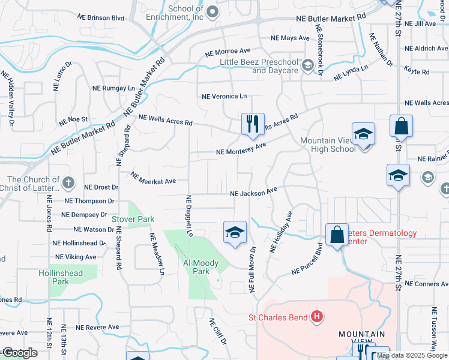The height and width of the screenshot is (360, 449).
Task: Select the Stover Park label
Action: (x=133, y=220)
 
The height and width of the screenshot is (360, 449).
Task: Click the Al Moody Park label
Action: (x=197, y=267)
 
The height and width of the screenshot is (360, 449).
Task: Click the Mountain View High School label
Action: (x=328, y=145)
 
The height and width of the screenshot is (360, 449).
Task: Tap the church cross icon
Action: (x=69, y=182)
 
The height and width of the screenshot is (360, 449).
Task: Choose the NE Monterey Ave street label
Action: (x=241, y=149)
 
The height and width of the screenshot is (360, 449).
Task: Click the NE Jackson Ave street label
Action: (x=253, y=192)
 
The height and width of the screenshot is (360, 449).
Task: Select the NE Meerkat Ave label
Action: (x=153, y=179)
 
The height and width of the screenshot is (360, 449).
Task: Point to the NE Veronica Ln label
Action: (x=224, y=96)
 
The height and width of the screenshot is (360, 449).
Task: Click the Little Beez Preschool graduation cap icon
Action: (x=309, y=65)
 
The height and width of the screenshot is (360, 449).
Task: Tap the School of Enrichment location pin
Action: (x=212, y=11)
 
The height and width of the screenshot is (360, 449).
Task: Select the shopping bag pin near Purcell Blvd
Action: (x=337, y=235)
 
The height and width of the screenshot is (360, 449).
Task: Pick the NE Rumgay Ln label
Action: (x=113, y=88)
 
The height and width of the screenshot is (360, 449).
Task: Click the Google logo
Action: (x=20, y=353)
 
